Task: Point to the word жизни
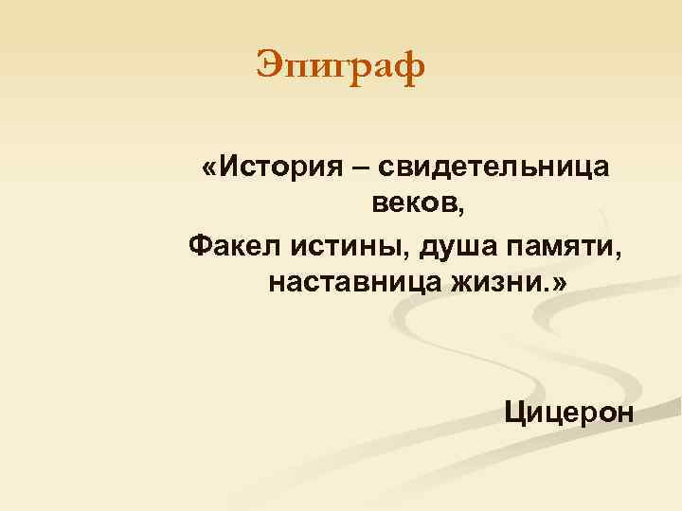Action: coord(494,282)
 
